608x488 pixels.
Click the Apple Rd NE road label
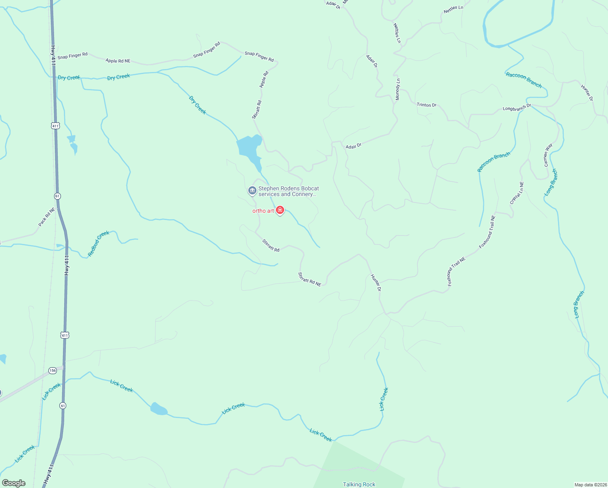coord(118,61)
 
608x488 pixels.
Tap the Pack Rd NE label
coord(46,217)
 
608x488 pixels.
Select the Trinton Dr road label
coord(426,105)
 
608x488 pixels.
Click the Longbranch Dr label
coord(517,108)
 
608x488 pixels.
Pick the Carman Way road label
coord(548,155)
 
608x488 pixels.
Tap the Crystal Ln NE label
coord(517,193)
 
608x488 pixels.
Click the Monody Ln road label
coord(398,89)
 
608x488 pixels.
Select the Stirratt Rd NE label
coord(310,279)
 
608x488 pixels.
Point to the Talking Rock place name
coord(359,484)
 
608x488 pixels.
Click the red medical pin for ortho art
coord(280,210)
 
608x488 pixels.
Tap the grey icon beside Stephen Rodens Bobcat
coord(252,190)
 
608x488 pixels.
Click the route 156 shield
coord(52,370)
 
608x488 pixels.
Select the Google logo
coord(14,483)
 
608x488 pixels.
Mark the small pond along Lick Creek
coord(158,409)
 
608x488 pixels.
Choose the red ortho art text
coord(263,211)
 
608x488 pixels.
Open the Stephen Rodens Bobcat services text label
coord(289,191)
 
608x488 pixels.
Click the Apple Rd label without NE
coord(264,79)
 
